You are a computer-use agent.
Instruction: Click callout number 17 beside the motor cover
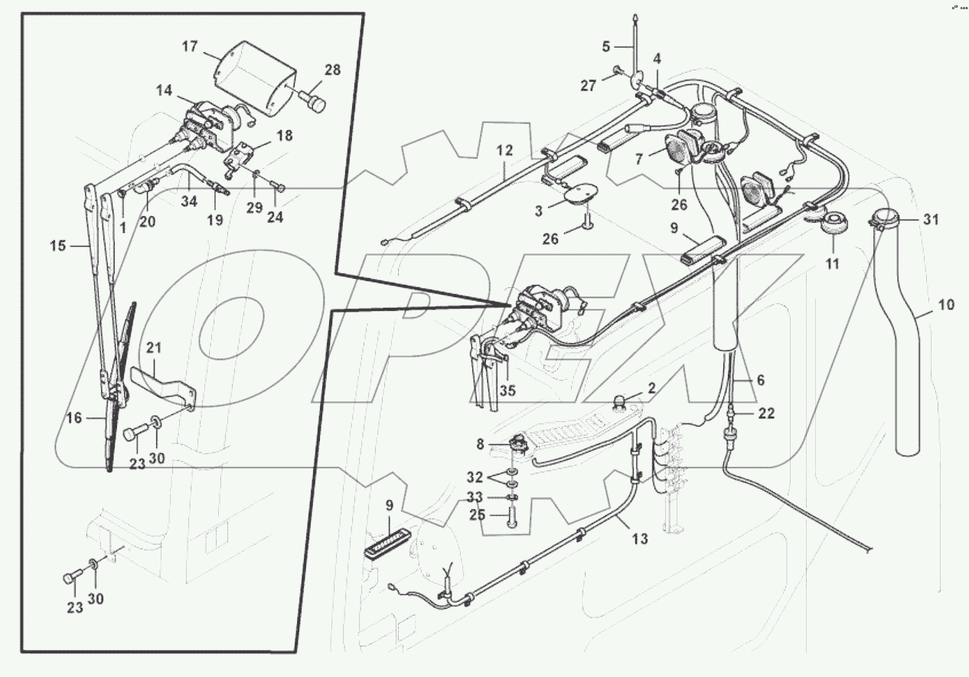point(190,47)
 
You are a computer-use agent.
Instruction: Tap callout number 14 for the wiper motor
point(164,90)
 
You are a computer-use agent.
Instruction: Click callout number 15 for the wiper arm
point(58,246)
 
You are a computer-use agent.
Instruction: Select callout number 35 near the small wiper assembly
point(507,390)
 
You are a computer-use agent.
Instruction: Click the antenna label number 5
point(606,46)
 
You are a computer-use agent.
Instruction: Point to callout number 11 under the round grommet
point(832,264)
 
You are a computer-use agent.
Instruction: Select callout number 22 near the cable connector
point(766,413)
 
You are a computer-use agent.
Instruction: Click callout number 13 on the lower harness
point(640,539)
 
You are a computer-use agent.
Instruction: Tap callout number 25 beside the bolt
point(478,515)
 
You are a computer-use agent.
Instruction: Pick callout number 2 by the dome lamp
point(651,388)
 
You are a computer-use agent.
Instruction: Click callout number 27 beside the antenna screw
point(587,86)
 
